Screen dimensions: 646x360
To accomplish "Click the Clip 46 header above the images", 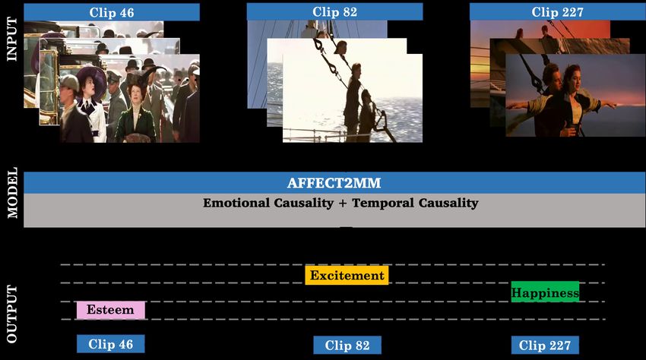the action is pyautogui.click(x=112, y=12).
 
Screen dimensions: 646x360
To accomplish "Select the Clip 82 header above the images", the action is pyautogui.click(x=334, y=12).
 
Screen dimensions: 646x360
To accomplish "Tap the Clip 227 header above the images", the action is pyautogui.click(x=557, y=12).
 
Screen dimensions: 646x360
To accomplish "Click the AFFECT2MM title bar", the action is pyautogui.click(x=334, y=183).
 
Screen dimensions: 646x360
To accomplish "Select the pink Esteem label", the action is pyautogui.click(x=111, y=310).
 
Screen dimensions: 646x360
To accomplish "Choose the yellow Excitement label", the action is pyautogui.click(x=347, y=275).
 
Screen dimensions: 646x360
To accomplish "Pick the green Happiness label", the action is pyautogui.click(x=545, y=292).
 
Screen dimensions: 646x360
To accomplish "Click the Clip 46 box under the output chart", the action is pyautogui.click(x=111, y=344).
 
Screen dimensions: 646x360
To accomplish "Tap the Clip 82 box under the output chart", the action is pyautogui.click(x=347, y=345).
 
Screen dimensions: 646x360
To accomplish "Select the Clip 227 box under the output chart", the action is pyautogui.click(x=545, y=345).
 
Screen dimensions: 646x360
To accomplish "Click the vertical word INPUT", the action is pyautogui.click(x=12, y=39).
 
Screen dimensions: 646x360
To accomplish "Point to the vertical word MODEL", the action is pyautogui.click(x=12, y=192).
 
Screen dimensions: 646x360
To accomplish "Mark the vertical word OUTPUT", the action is pyautogui.click(x=12, y=314).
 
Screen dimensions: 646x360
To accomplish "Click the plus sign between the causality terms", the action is pyautogui.click(x=343, y=203).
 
